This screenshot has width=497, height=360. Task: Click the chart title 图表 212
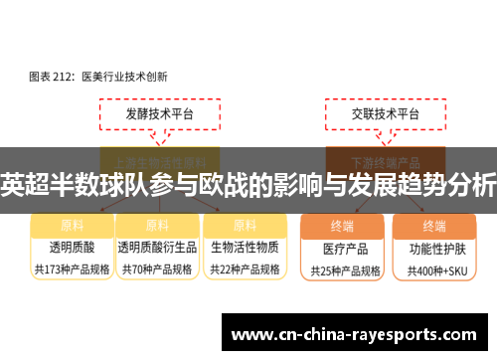[96, 75]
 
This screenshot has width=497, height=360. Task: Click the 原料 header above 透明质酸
[73, 225]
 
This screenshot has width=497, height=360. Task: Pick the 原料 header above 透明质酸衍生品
[157, 225]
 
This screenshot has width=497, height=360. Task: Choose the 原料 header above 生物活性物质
[245, 225]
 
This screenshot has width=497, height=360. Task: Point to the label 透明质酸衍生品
[157, 247]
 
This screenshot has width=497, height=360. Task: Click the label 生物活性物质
[245, 247]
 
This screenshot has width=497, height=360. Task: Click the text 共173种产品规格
[73, 269]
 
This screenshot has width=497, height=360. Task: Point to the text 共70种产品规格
[157, 269]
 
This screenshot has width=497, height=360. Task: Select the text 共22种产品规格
[245, 269]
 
